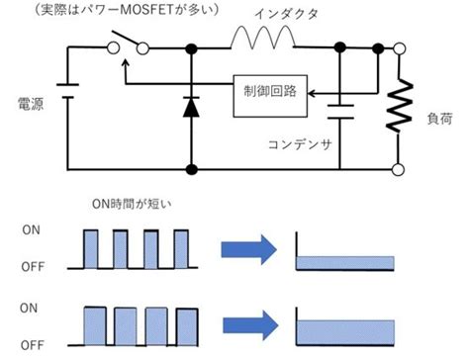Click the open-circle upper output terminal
[x=401, y=46]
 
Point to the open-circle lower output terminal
[x=401, y=170]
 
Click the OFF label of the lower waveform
[x=33, y=345]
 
